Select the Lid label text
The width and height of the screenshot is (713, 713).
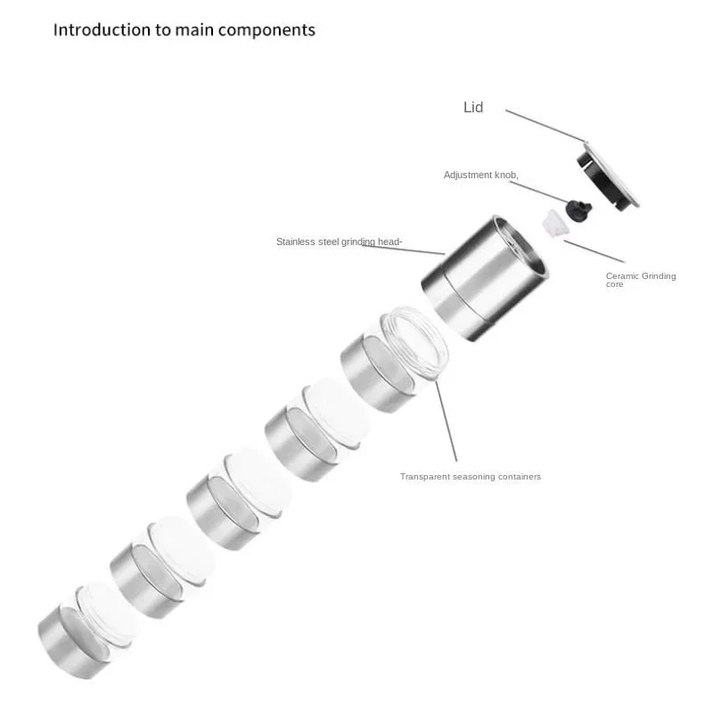(x=473, y=107)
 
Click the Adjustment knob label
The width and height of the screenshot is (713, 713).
(x=481, y=175)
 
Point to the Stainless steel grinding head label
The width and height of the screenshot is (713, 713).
(x=340, y=242)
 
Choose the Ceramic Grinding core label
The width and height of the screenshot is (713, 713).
(x=641, y=280)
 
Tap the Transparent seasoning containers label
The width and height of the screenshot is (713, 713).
(x=471, y=477)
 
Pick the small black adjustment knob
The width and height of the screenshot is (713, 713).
(x=578, y=211)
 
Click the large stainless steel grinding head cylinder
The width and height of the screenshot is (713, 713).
(x=485, y=277)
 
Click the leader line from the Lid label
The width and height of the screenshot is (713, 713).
(x=545, y=126)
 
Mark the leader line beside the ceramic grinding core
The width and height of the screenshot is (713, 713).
(x=594, y=251)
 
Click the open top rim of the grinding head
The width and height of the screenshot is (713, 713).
(x=520, y=246)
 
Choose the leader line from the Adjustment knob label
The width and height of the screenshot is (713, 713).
(x=538, y=192)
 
